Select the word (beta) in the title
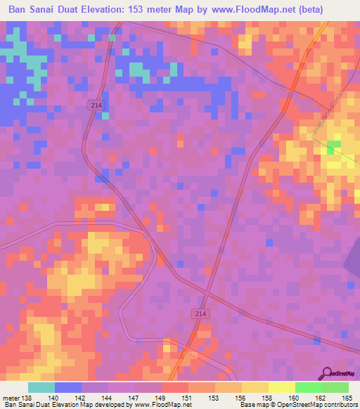338,10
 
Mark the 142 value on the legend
82,398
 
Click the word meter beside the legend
11,398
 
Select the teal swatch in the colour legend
41,387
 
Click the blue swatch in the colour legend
68,387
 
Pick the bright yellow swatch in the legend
282,387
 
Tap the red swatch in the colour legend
175,387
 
